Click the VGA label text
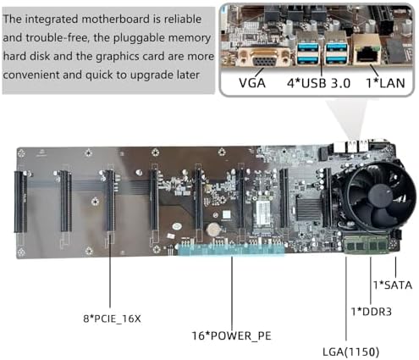(252, 83)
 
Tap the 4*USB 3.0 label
(318, 83)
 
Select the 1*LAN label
(385, 83)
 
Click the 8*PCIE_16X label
(112, 318)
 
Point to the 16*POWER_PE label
(232, 335)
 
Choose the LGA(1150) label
(350, 352)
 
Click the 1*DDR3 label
(371, 312)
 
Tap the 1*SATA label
(393, 285)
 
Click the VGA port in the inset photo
(264, 58)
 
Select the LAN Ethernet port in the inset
(367, 50)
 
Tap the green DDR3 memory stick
(367, 245)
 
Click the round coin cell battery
(212, 230)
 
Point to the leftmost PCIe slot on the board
(20, 202)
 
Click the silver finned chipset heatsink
(309, 209)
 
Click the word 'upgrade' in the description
(152, 75)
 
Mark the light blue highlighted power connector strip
(231, 250)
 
